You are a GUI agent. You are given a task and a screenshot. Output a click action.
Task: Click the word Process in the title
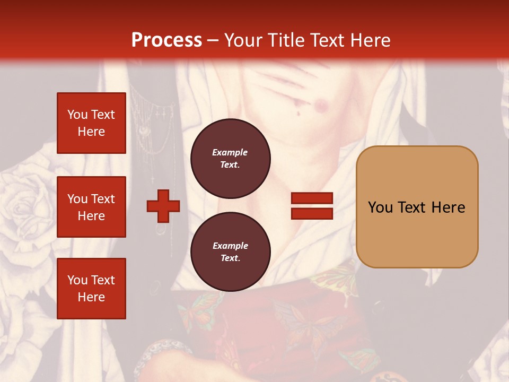[166, 40]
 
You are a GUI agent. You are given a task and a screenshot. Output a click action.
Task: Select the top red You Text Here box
[91, 123]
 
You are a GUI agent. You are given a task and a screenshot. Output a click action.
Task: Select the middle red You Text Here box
[91, 207]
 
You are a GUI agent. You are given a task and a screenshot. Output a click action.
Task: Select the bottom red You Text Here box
[91, 289]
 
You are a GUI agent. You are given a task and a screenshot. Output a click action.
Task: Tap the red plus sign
[163, 206]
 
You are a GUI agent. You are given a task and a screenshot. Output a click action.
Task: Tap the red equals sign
[312, 206]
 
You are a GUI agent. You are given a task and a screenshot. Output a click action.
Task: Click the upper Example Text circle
[230, 159]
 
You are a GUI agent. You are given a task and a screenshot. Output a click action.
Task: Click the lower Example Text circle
[230, 252]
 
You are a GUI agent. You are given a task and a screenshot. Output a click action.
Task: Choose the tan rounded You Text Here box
[417, 207]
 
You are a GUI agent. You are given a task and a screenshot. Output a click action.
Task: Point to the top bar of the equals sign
[312, 198]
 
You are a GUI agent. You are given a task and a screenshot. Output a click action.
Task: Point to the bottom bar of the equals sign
[312, 213]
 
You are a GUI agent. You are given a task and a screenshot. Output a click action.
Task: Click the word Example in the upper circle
[230, 153]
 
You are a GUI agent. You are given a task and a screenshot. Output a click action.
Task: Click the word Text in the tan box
[413, 207]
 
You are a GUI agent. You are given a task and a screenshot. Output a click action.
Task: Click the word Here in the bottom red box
[91, 297]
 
